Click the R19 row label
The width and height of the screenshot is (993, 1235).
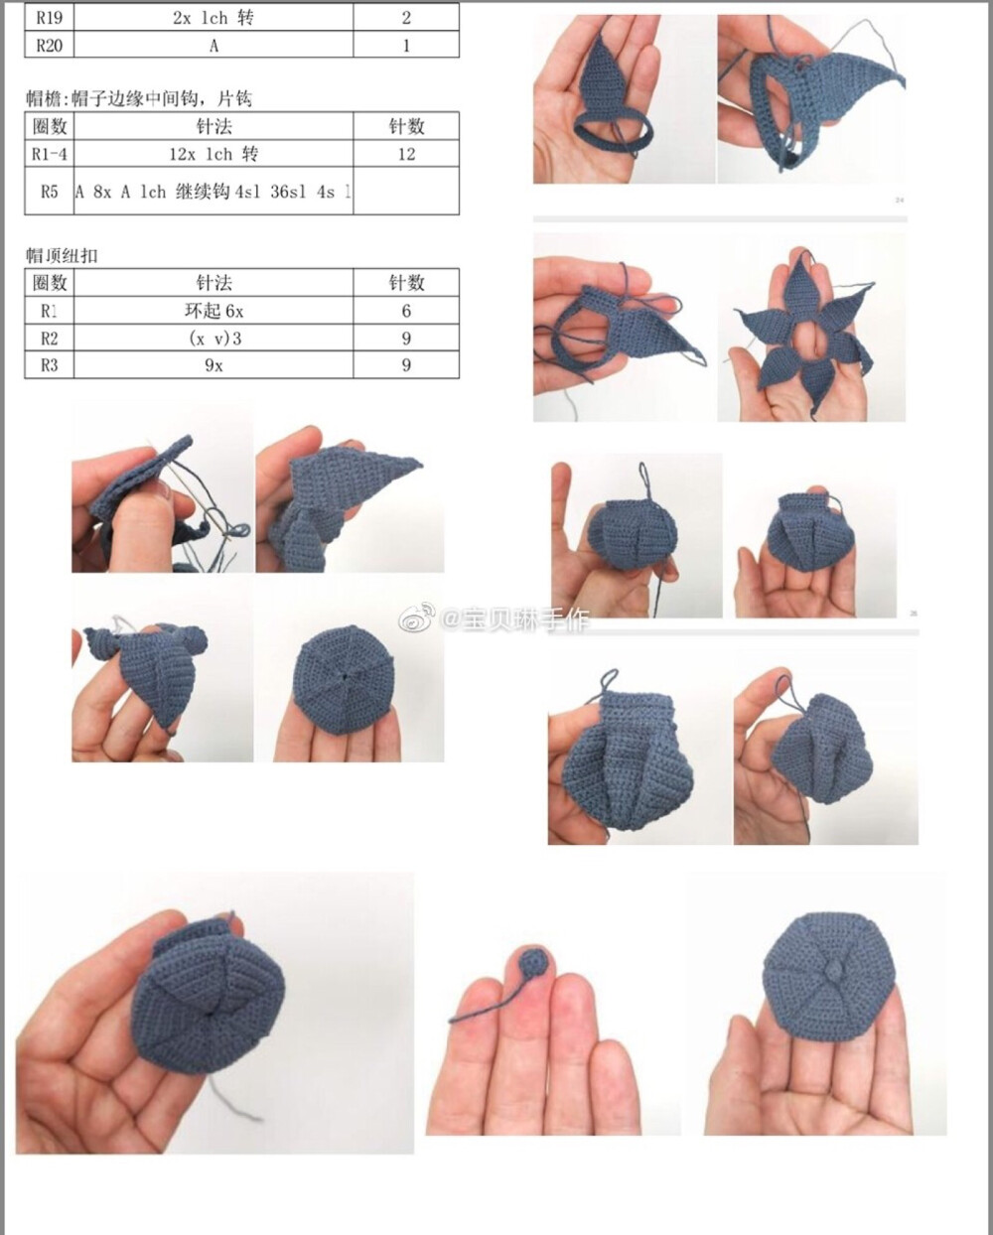coord(49,18)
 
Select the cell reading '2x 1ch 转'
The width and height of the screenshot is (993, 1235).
coord(213,18)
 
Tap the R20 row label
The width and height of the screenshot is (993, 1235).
coord(49,45)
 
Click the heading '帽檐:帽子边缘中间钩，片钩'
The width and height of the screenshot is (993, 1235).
coord(139,97)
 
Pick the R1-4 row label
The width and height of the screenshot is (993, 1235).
coord(49,154)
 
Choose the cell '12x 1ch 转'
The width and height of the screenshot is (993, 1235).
coord(213,154)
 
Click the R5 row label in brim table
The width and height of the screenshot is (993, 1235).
coord(49,192)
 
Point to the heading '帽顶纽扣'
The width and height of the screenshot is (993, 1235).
coord(62,255)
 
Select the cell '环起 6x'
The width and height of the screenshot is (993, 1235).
coord(213,311)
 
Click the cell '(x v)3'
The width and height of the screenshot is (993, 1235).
coord(214,339)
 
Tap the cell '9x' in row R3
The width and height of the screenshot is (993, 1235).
coord(213,365)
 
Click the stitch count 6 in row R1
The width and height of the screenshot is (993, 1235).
coord(406,311)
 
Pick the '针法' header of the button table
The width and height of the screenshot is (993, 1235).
coord(213,283)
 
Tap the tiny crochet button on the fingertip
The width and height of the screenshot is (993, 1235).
coord(534,962)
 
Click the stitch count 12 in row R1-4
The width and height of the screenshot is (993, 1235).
coord(406,154)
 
